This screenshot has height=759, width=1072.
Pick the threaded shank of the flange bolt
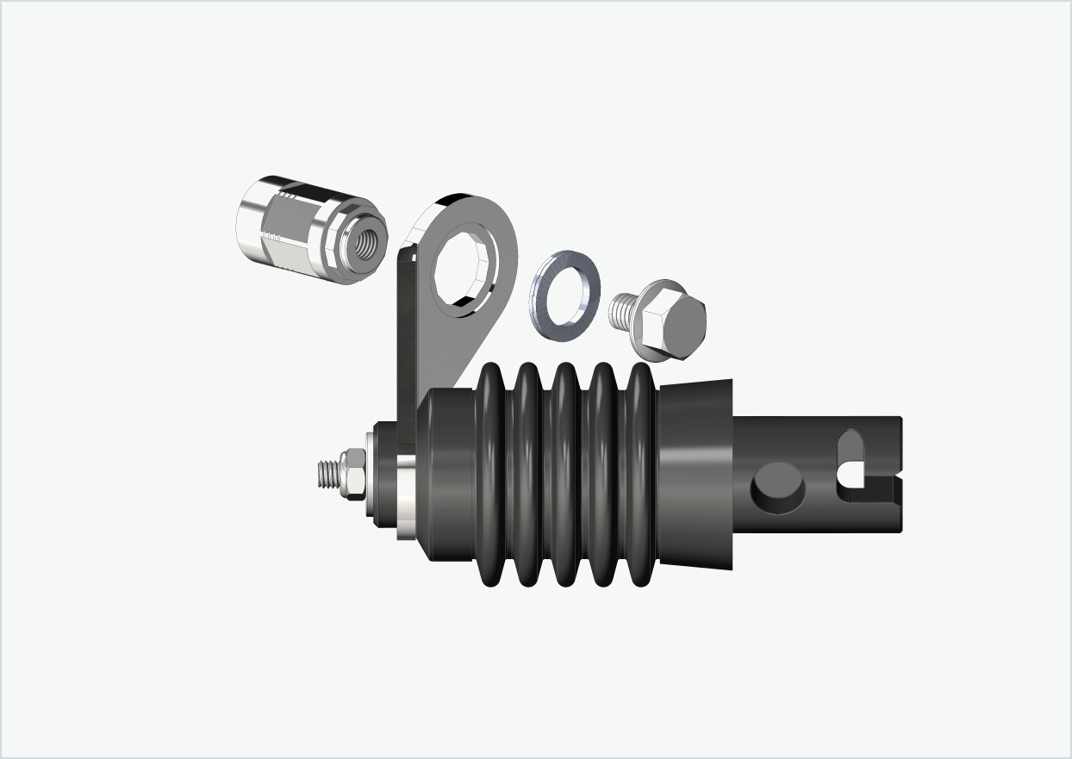[621, 310]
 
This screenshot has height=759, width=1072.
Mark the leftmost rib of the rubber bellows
[491, 474]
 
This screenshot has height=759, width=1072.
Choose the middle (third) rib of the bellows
[565, 474]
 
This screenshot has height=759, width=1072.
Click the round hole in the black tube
[778, 486]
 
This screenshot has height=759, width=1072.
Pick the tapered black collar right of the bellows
[696, 474]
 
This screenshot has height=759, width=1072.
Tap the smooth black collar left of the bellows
[448, 474]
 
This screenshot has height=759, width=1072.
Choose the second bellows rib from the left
[527, 474]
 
